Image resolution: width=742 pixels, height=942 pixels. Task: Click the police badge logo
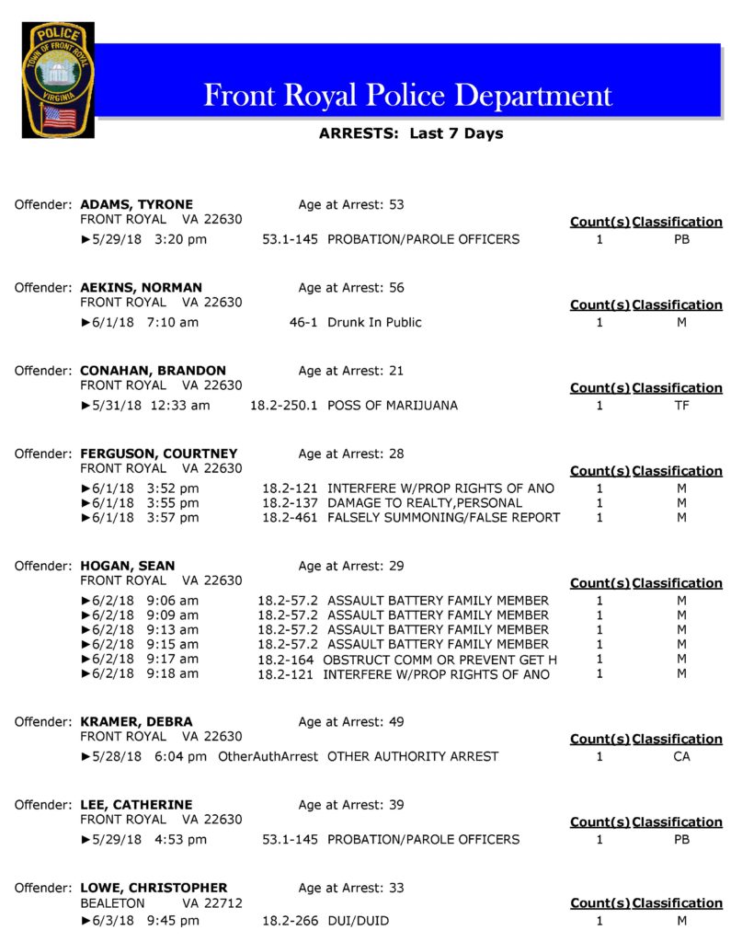tap(58, 79)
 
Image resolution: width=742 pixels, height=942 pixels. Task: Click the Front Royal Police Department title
tap(407, 95)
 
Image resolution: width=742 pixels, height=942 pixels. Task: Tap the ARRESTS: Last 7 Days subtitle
tap(411, 133)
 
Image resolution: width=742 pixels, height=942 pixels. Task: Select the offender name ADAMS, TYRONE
tap(136, 204)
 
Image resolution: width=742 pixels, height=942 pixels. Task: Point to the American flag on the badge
tap(60, 118)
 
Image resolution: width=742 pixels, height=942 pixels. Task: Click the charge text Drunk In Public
tap(374, 322)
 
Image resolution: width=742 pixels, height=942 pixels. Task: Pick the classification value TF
tap(681, 405)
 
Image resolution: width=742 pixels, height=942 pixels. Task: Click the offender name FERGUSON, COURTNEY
tap(158, 454)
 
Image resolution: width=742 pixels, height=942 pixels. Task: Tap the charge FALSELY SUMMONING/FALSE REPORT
tap(443, 517)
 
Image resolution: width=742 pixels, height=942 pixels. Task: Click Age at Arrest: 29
tap(351, 566)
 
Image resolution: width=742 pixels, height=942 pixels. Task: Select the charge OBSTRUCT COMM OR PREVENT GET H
tap(439, 659)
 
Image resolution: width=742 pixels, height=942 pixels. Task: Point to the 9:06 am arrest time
tap(172, 601)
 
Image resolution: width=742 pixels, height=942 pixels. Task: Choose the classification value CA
tap(681, 756)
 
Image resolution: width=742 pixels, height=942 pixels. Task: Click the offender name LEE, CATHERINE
tap(136, 805)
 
